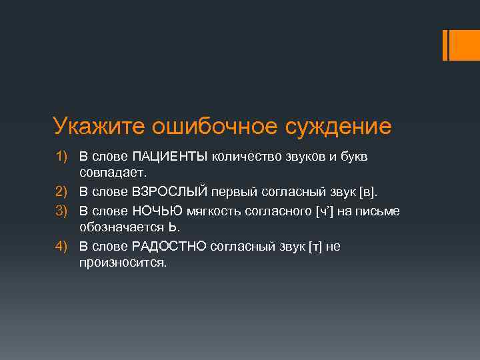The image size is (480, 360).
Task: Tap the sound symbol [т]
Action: pos(315,246)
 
